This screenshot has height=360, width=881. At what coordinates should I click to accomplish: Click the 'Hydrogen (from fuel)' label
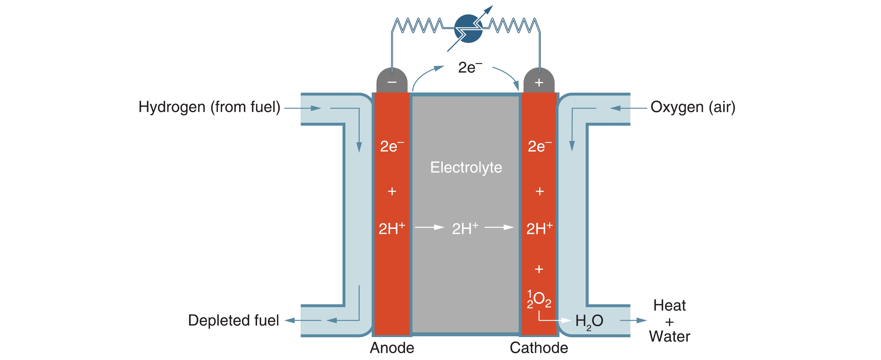pos(209,107)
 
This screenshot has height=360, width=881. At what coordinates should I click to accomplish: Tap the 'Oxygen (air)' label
pos(692,107)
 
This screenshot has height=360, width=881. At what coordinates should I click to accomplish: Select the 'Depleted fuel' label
pos(233,320)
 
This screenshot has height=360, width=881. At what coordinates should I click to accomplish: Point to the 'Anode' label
pos(392,348)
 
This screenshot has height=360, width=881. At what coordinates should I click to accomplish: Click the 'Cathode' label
pos(539,348)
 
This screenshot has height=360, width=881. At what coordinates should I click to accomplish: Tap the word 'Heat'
pos(669,305)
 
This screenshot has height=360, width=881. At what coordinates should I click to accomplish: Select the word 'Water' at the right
pos(669,337)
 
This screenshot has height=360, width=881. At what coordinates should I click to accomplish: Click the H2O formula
pos(589,321)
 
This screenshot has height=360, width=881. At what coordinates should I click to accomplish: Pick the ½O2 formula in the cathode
pos(539,299)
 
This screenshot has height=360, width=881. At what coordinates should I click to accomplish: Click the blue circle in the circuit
pos(468,29)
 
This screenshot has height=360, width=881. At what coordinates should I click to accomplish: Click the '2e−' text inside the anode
pos(392,146)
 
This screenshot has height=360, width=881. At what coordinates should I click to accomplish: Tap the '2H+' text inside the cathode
pos(539,228)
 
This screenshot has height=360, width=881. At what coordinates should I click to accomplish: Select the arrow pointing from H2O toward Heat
pos(633,320)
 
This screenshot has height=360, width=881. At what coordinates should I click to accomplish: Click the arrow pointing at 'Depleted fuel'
pos(303,320)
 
